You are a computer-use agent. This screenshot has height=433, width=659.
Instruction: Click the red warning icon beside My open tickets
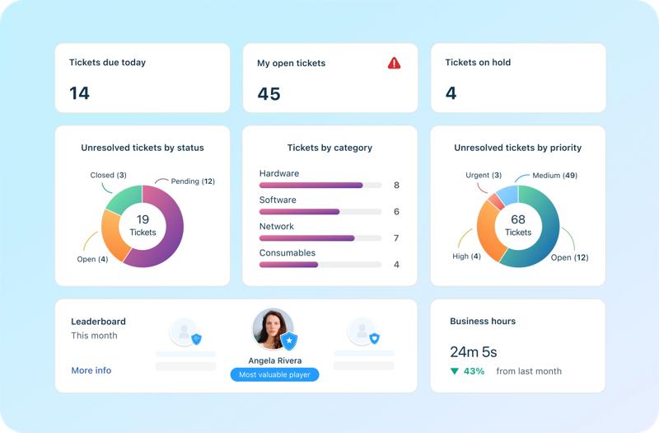pos(395,64)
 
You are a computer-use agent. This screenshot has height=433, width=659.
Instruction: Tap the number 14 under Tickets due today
pos(79,93)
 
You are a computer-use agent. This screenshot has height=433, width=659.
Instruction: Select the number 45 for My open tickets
pos(269,93)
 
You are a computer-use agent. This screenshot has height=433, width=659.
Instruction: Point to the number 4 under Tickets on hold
pos(451,93)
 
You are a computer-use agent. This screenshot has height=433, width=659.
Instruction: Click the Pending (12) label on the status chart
pos(192,181)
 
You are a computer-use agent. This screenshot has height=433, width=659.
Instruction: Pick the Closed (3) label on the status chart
pos(108,176)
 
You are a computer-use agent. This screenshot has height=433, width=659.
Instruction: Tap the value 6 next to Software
pos(396,212)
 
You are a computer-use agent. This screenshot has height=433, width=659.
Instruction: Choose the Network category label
pos(276,227)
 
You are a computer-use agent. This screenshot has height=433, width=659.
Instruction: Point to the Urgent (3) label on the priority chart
pos(484,176)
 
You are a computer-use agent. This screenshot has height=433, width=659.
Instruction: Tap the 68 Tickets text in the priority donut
pos(518,225)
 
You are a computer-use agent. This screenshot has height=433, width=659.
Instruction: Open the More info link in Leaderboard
pos(91,370)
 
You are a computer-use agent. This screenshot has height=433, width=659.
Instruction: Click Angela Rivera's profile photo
pos(273,328)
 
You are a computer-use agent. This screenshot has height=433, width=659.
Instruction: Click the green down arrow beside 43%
pos(454,371)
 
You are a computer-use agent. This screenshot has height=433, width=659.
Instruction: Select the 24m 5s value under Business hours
pos(474,352)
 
